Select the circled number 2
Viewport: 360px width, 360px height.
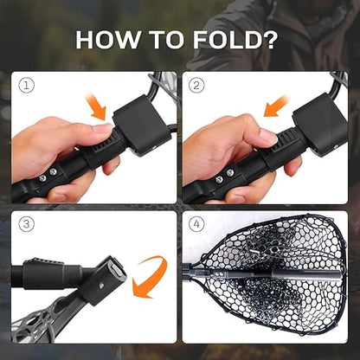196,86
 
